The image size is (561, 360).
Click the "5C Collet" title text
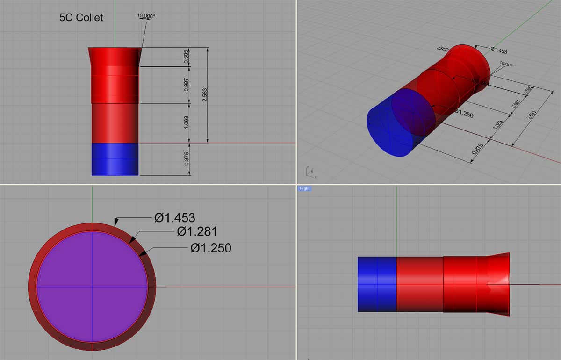(81, 18)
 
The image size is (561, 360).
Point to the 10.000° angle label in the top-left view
(146, 15)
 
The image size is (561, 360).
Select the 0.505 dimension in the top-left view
(187, 57)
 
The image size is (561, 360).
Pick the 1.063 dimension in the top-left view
(187, 123)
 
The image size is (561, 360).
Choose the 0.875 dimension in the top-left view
(187, 159)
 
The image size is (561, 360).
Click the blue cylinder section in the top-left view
(115, 159)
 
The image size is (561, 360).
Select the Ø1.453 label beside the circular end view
(174, 217)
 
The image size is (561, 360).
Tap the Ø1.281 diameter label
(196, 231)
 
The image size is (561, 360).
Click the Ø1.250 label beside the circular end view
(210, 248)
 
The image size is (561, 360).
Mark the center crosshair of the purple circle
(92, 287)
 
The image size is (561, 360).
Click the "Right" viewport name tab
(304, 188)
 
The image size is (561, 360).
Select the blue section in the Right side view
(377, 284)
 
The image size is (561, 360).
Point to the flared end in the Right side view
(498, 284)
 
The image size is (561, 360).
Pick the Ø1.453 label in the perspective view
(498, 50)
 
